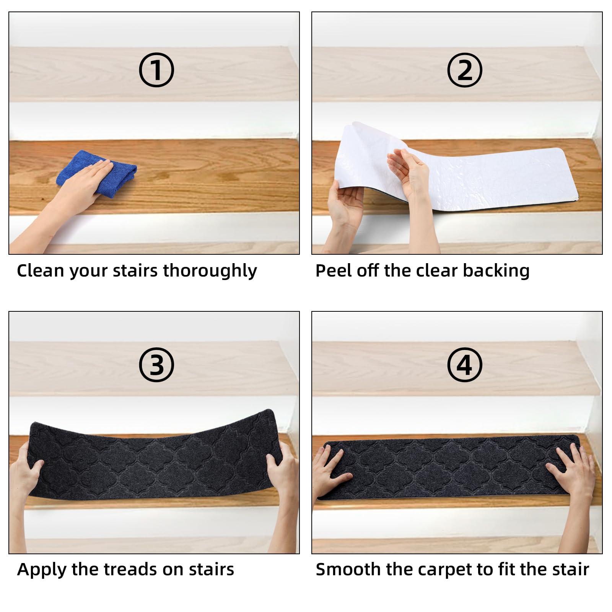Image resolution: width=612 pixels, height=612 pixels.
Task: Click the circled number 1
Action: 156,70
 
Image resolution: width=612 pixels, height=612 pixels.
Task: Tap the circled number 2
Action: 464,70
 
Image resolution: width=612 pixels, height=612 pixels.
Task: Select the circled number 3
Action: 156,365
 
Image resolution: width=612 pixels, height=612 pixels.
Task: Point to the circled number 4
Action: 464,365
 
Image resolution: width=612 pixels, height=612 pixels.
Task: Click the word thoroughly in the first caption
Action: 210,271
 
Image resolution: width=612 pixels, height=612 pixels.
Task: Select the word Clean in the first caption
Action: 40,270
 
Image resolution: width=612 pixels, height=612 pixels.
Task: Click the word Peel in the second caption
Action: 334,270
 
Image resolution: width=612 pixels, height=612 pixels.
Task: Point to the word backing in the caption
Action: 496,271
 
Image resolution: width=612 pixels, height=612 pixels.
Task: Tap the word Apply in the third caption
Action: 42,570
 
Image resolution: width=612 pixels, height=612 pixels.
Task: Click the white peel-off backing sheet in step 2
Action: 455,168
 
